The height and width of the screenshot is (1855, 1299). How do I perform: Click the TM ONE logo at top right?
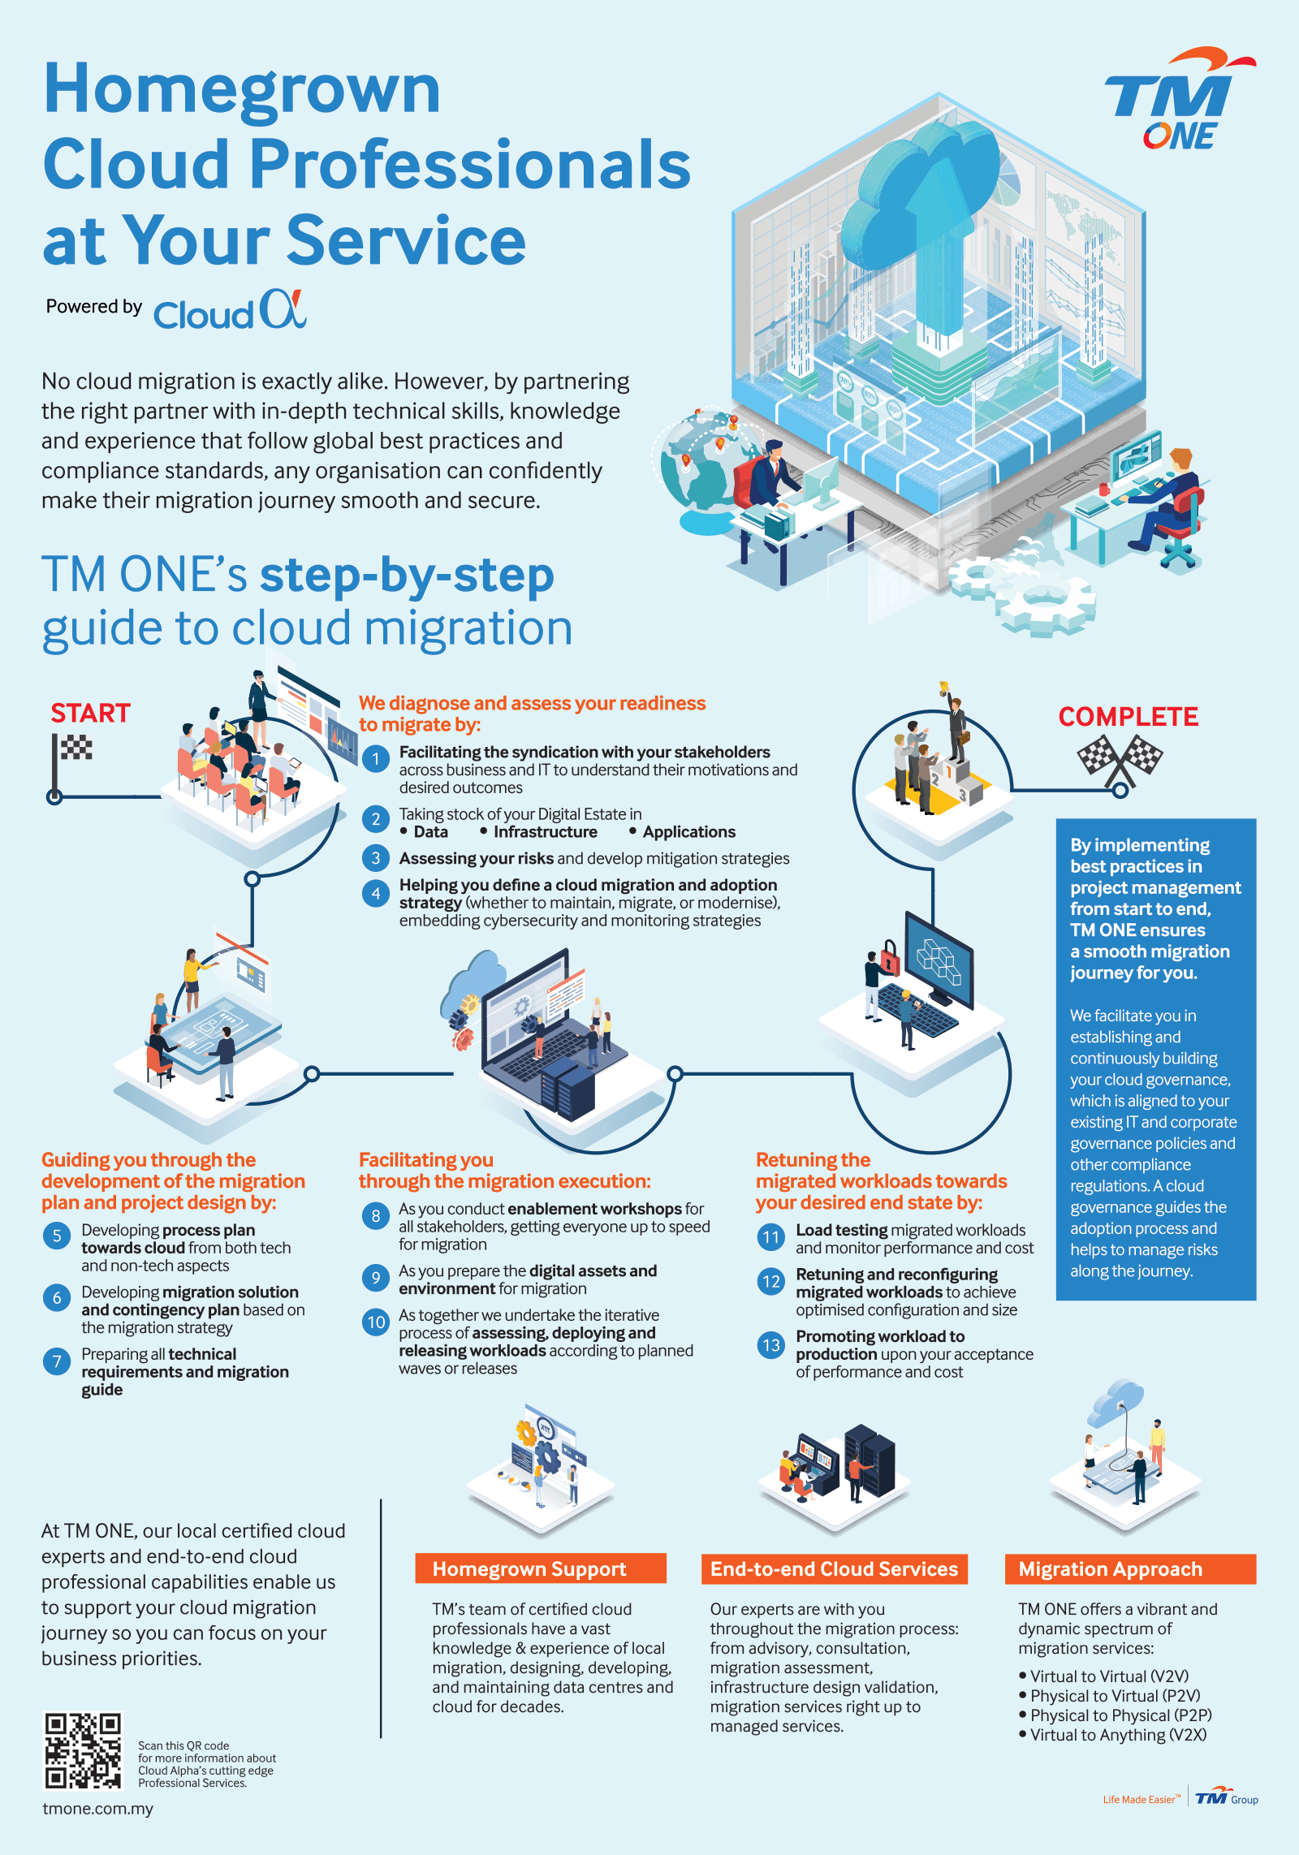tap(1179, 99)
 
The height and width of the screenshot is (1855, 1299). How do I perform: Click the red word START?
tap(90, 713)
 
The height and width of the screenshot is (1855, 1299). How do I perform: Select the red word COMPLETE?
tap(1128, 716)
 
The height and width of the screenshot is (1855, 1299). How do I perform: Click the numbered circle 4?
tap(376, 894)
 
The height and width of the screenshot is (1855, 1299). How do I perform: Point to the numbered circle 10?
tap(376, 1322)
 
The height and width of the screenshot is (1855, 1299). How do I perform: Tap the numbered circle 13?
tap(770, 1345)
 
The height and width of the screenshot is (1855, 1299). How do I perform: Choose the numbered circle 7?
tap(56, 1361)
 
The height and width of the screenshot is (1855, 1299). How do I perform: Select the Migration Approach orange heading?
tap(1130, 1568)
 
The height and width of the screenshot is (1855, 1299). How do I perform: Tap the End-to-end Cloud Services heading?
tap(835, 1568)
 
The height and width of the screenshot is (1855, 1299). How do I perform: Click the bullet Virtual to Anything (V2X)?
tap(1113, 1735)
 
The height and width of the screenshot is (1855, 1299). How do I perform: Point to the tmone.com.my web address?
tap(97, 1809)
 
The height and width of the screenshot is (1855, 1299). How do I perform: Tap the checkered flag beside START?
tap(73, 755)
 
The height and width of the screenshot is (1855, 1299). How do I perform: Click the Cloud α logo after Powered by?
tap(231, 310)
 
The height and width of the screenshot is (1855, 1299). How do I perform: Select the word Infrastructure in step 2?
tap(545, 832)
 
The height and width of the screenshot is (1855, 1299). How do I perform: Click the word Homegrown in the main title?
tap(241, 89)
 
